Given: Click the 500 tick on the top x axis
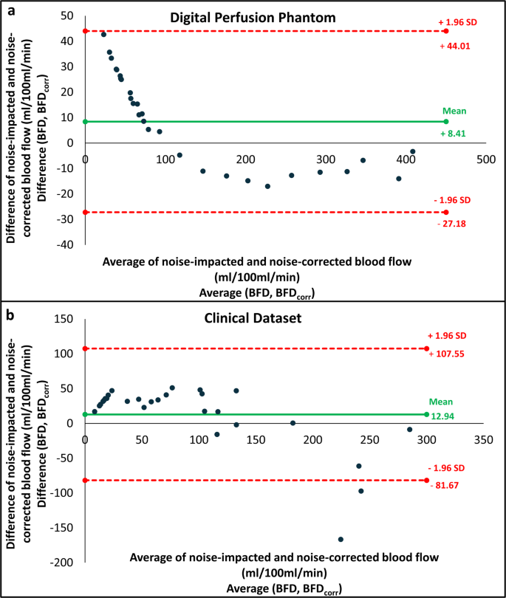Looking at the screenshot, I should (x=485, y=158).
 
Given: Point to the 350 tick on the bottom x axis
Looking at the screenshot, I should (x=483, y=438).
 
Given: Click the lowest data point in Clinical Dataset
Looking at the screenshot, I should (x=341, y=539).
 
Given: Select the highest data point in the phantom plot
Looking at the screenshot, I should (x=103, y=35).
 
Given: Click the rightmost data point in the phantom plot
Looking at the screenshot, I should (x=412, y=151).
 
